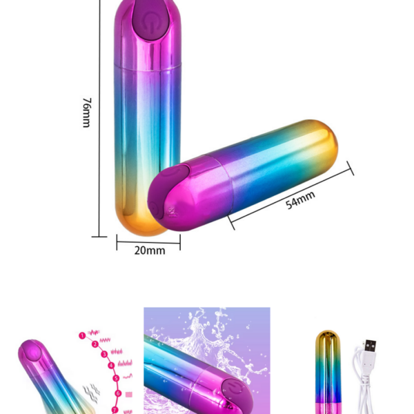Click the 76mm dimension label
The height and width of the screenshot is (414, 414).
[87, 112]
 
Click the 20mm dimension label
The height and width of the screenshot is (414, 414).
[150, 250]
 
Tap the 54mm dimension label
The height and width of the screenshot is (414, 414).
[300, 200]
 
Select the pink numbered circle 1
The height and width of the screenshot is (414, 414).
[82, 335]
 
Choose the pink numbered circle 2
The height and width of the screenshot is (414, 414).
[95, 344]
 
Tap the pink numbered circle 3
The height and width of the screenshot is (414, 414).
[105, 354]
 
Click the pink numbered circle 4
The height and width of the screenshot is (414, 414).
[111, 366]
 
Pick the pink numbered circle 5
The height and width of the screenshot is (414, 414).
[116, 378]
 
